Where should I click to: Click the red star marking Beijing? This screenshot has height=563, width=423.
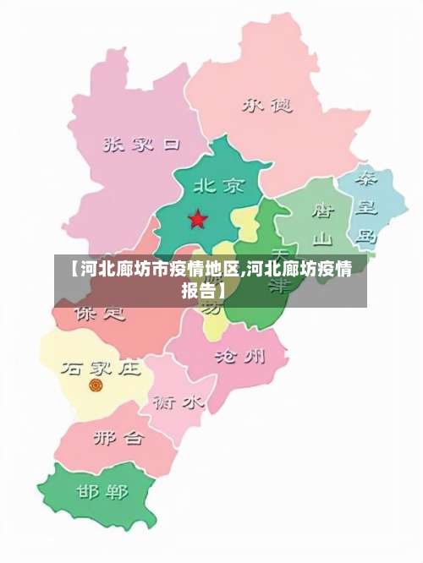(197, 220)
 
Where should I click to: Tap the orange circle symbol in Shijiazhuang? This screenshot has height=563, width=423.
(96, 385)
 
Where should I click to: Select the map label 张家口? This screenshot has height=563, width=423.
(141, 145)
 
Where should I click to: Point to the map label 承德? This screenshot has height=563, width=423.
(266, 105)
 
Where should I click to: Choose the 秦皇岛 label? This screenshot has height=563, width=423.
(366, 207)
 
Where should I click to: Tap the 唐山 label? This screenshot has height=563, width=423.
(323, 221)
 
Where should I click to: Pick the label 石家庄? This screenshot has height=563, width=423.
(100, 368)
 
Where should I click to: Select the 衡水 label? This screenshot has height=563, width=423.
(178, 402)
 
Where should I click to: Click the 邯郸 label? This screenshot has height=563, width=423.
(102, 491)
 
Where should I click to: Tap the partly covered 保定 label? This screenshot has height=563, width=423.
(99, 314)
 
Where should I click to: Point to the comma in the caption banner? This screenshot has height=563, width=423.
(244, 274)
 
